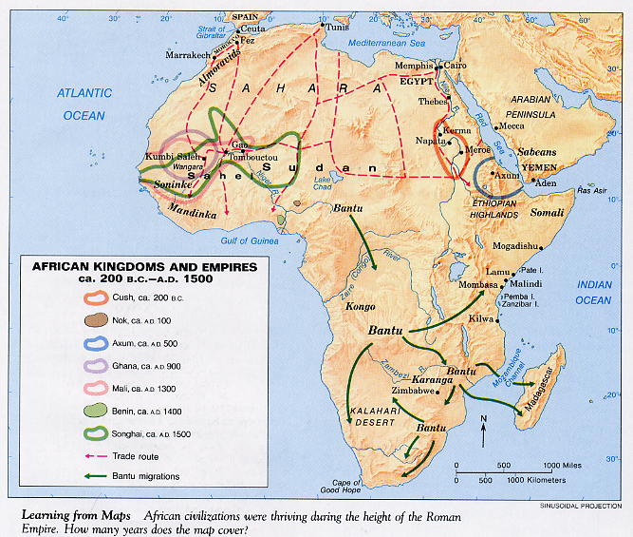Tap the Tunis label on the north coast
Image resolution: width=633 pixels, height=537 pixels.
pos(337,26)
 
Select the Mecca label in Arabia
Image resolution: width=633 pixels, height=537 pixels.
pos(512,125)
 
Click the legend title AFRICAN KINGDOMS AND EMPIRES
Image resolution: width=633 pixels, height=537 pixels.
pos(145,268)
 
